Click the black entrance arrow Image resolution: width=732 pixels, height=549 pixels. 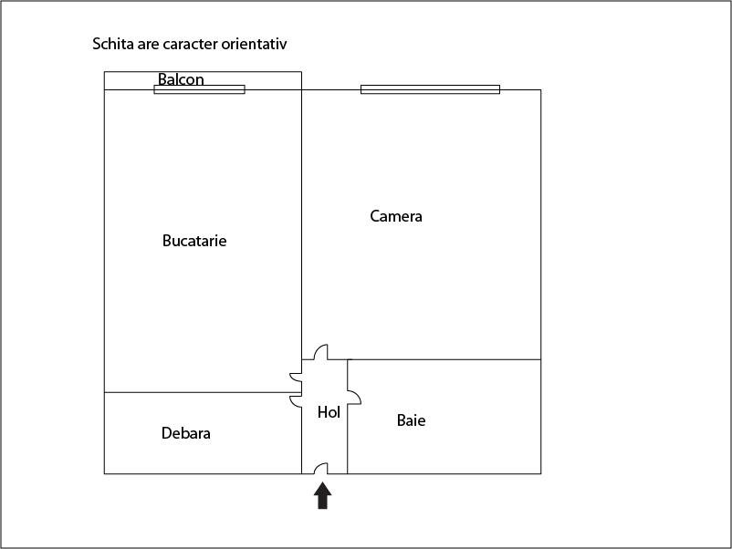click(322, 496)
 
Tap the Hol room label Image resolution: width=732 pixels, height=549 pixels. click(329, 412)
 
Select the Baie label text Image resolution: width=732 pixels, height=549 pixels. click(411, 420)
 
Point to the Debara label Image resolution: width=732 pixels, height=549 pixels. click(186, 433)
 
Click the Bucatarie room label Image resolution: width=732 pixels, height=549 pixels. click(194, 241)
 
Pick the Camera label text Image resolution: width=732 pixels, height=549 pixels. click(396, 216)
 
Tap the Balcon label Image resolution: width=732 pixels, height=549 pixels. click(181, 79)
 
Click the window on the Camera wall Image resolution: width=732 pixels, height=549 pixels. click(431, 89)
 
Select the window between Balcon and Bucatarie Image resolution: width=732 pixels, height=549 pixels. click(199, 89)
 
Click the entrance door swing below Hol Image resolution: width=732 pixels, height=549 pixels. click(320, 469)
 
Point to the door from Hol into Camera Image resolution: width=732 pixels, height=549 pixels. click(320, 352)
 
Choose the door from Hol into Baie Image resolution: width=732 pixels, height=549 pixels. click(354, 398)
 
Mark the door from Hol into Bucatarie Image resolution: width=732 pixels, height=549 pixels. click(296, 378)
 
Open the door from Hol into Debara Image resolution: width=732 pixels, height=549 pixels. click(296, 401)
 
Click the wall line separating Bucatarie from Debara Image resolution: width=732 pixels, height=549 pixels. click(203, 392)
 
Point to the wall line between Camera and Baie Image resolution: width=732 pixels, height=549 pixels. click(444, 359)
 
